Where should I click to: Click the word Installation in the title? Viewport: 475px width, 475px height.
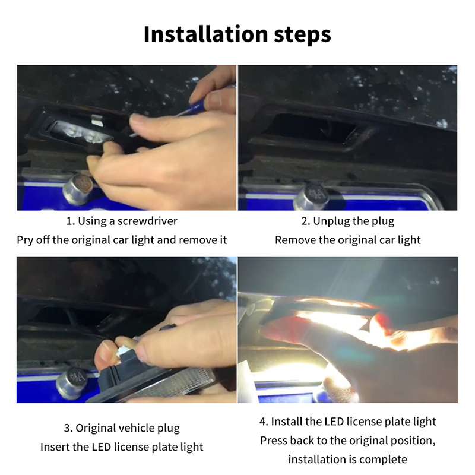pyautogui.click(x=205, y=34)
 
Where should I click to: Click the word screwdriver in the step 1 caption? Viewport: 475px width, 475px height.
pyautogui.click(x=147, y=221)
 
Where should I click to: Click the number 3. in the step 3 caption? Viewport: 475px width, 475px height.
pyautogui.click(x=68, y=428)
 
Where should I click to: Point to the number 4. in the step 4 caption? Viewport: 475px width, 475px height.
pyautogui.click(x=264, y=422)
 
